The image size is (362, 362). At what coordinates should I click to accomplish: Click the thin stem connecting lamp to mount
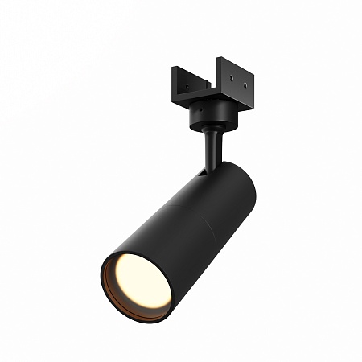click(211, 149)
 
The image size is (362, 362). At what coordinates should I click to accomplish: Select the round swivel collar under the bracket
click(210, 120)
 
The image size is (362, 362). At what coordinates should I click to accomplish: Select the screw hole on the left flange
click(186, 88)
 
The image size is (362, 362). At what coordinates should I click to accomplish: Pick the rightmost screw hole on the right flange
click(244, 83)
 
